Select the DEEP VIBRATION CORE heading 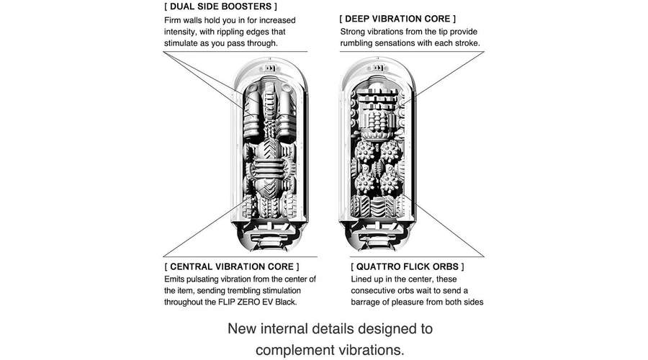click(x=397, y=19)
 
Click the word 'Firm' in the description click(x=175, y=20)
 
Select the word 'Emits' click(x=177, y=279)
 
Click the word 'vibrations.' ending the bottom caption click(x=374, y=351)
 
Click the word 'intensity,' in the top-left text click(x=184, y=32)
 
